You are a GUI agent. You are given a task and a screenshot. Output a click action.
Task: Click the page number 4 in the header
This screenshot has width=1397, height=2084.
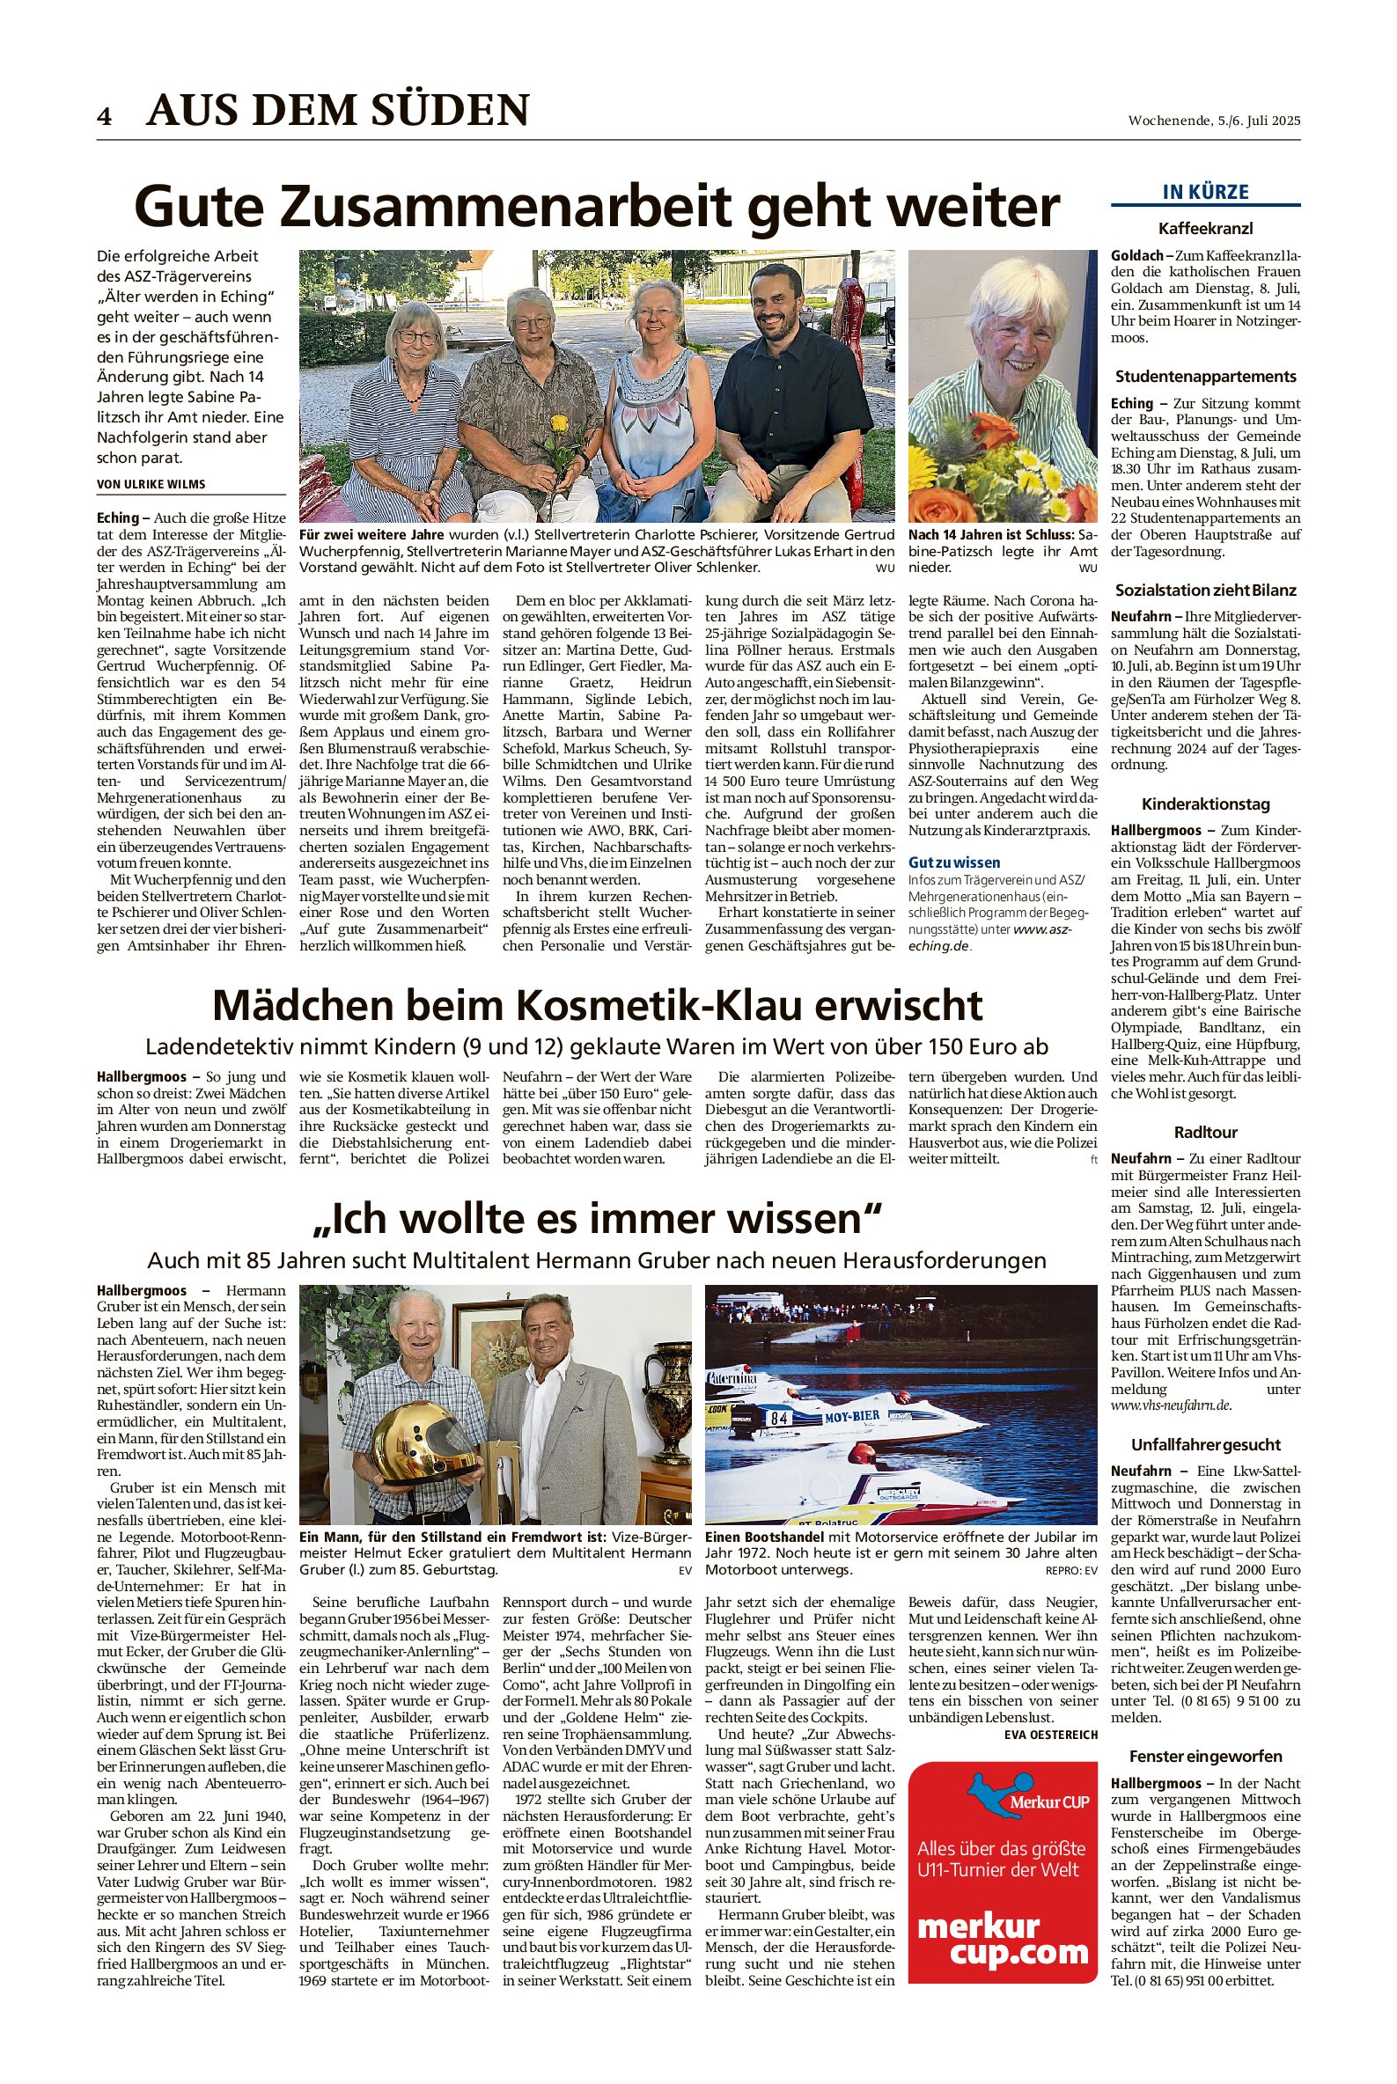[x=105, y=116]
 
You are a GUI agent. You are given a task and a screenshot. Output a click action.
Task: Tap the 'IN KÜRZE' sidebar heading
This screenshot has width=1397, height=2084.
[x=1205, y=192]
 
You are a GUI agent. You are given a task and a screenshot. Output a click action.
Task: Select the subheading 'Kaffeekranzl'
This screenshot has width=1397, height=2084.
[x=1205, y=228]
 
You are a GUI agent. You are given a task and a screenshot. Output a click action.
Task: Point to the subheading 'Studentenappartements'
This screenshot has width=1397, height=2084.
[x=1205, y=376]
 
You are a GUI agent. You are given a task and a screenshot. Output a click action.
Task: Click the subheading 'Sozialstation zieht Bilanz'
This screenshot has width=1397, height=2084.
[x=1205, y=590]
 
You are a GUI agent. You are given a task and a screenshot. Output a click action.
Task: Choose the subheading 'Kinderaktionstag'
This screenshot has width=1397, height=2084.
[x=1205, y=804]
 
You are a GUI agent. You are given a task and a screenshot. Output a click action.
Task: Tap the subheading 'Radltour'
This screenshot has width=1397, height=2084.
[x=1205, y=1132]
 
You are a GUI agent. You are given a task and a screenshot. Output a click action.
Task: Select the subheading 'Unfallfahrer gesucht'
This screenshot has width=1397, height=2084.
[x=1205, y=1444]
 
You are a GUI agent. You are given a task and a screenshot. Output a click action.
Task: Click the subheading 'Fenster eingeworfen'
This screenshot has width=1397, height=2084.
[x=1205, y=1757]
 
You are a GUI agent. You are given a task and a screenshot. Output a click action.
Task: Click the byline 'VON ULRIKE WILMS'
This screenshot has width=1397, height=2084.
[x=151, y=485]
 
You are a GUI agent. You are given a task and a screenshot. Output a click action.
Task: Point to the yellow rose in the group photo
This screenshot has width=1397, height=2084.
[x=560, y=426]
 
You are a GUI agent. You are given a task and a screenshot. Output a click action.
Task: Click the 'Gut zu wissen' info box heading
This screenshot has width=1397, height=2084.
[x=953, y=862]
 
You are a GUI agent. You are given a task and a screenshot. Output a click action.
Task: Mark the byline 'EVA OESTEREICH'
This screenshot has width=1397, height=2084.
[x=1050, y=1734]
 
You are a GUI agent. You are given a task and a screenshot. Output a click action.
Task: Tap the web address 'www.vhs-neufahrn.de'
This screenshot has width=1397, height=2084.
[x=1171, y=1405]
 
